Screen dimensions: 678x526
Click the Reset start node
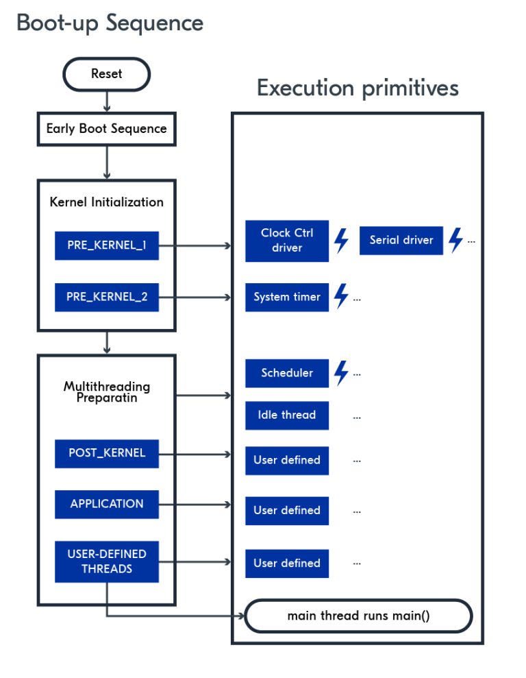tap(106, 74)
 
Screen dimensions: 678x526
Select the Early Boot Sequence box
tap(106, 129)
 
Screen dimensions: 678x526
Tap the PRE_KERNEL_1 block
tap(107, 245)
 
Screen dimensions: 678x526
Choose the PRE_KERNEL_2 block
tap(107, 297)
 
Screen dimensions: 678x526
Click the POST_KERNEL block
tap(107, 453)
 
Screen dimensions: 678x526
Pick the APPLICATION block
tap(107, 504)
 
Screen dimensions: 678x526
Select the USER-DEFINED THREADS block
tap(107, 561)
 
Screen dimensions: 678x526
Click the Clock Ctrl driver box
tap(287, 241)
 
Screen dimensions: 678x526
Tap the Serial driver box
tap(401, 240)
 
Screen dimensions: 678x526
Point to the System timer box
tap(287, 297)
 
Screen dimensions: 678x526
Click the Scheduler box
tap(287, 373)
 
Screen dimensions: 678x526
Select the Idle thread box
tap(287, 415)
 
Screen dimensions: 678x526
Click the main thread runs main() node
tap(358, 616)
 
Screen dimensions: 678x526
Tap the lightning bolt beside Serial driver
tap(455, 240)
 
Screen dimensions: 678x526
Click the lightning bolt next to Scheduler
tap(341, 373)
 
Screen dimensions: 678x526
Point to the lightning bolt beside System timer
tap(341, 297)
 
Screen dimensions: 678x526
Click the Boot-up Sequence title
tap(110, 23)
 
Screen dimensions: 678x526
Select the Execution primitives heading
tap(358, 88)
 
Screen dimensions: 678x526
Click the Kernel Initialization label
tap(107, 202)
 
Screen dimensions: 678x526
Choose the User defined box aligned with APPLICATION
tap(287, 510)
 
